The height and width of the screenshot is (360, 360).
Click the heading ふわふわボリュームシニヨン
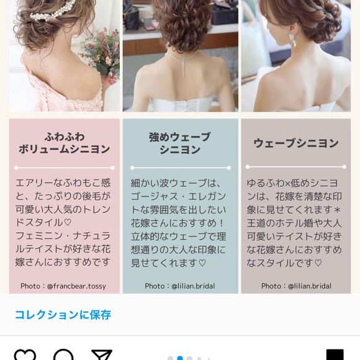65,143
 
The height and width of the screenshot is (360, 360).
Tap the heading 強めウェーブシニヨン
180,143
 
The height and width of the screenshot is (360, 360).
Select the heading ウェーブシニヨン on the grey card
296,143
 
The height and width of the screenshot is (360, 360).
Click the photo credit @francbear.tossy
63,286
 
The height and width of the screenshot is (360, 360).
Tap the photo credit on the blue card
180,286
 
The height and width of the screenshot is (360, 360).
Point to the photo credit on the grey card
297,286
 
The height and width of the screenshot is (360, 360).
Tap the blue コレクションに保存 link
63,315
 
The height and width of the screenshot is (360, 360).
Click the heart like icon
25,355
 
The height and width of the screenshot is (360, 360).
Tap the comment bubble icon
63,355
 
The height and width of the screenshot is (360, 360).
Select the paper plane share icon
102,355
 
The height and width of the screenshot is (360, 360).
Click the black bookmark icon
335,355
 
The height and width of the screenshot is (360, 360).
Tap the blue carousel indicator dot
180,358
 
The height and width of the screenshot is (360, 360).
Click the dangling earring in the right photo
292,40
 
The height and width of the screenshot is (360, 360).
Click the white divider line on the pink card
65,168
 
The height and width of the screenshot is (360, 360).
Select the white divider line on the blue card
181,168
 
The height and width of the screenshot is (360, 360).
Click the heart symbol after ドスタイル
68,222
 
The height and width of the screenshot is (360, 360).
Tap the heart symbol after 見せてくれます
202,263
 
